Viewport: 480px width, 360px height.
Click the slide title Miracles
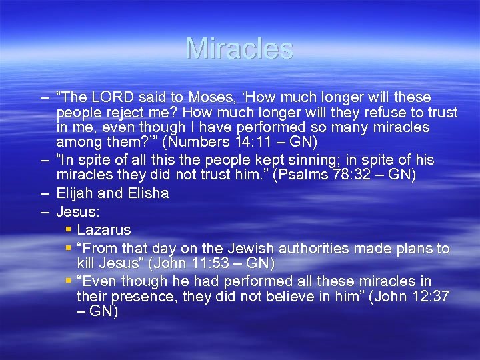click(239, 48)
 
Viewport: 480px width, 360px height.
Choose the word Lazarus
click(103, 230)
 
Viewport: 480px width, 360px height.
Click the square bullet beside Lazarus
click(69, 229)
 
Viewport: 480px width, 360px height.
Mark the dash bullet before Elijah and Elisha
click(44, 193)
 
